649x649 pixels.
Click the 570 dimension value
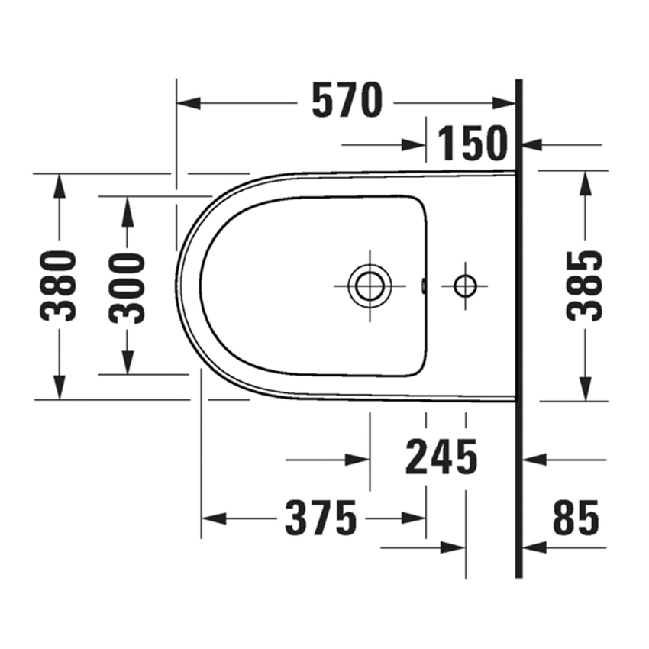click(x=347, y=102)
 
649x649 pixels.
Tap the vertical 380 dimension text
click(x=60, y=286)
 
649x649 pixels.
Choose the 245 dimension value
click(x=441, y=458)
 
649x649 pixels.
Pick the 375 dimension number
click(x=321, y=519)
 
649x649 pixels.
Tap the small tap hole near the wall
click(x=465, y=286)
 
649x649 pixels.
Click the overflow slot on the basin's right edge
click(x=424, y=286)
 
